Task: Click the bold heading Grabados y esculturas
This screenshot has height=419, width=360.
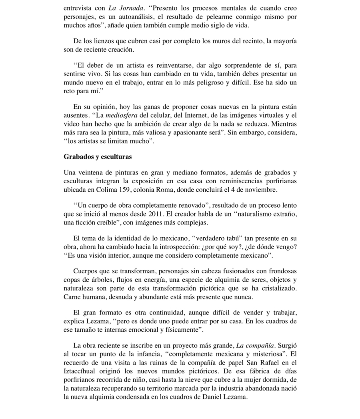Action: (x=98, y=156)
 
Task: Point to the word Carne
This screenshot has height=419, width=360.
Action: (x=72, y=297)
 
